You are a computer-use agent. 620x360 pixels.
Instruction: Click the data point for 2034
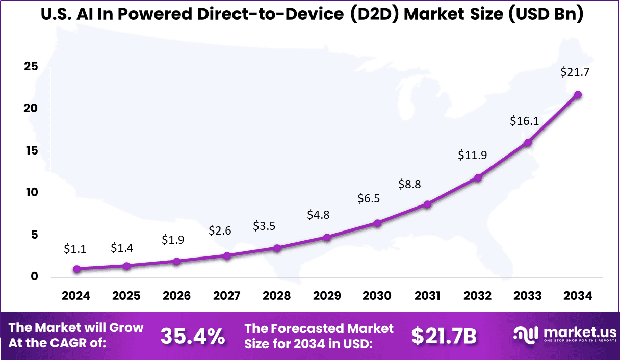pos(578,95)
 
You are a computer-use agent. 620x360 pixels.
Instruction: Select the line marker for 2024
pos(76,269)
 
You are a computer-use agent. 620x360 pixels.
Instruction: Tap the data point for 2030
pos(377,223)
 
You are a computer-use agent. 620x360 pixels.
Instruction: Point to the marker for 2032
pos(478,178)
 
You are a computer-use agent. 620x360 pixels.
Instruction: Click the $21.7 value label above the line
pos(575,72)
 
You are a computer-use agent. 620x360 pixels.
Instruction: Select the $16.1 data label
pos(525,121)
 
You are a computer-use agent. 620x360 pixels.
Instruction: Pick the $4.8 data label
pos(318,215)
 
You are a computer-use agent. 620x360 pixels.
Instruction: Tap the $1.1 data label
pos(75,249)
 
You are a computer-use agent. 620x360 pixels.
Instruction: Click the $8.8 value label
pos(409,184)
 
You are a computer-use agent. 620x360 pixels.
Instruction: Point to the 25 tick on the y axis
pos(30,67)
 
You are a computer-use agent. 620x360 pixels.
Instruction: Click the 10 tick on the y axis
pos(30,192)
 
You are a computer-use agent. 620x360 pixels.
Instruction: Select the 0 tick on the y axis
pos(34,276)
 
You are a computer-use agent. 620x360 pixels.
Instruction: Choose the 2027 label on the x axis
pos(227,296)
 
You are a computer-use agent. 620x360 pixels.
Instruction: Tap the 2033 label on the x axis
pos(528,296)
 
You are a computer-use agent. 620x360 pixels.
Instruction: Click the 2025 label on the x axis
pos(126,296)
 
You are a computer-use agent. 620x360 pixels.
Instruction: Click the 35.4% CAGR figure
pos(193,336)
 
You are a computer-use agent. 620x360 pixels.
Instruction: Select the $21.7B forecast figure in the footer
pos(444,336)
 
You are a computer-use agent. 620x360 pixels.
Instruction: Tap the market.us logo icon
pos(525,335)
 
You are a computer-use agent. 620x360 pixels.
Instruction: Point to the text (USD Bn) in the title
pos(545,15)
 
